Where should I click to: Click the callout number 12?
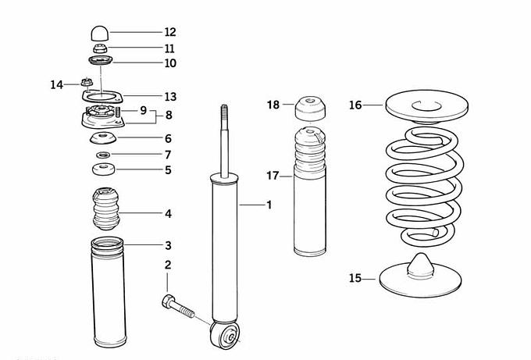pyautogui.click(x=170, y=32)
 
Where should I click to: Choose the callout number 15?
pyautogui.click(x=356, y=277)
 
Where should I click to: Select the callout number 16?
pyautogui.click(x=356, y=105)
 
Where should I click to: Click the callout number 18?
pyautogui.click(x=273, y=105)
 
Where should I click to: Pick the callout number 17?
pyautogui.click(x=273, y=176)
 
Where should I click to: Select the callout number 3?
pyautogui.click(x=168, y=246)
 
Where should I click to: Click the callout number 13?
pyautogui.click(x=170, y=97)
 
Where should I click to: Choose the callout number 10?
pyautogui.click(x=170, y=63)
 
